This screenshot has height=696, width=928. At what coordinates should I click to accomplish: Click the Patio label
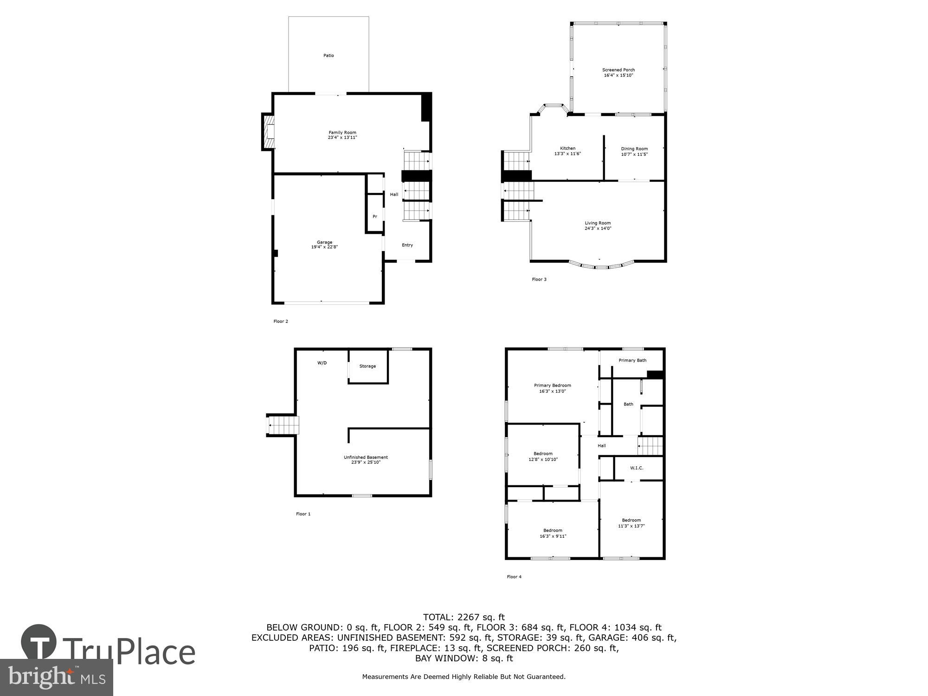point(329,56)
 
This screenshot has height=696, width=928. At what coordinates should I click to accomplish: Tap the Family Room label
point(342,133)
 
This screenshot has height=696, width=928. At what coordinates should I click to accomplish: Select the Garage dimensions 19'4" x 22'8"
point(324,247)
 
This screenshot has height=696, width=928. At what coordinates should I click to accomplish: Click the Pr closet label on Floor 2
point(375,217)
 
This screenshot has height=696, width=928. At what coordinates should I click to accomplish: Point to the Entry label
point(407,245)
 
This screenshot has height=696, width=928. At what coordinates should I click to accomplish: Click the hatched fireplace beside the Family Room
point(268,132)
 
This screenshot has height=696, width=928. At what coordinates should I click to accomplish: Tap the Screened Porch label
point(618,70)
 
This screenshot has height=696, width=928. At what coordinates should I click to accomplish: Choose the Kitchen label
point(567,148)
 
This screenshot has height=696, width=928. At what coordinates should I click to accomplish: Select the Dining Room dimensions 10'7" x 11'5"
point(634,155)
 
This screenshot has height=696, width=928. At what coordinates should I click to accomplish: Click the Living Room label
point(598,223)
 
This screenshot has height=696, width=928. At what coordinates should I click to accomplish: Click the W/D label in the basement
point(322,363)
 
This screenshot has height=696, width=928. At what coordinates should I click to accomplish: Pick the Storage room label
point(367,366)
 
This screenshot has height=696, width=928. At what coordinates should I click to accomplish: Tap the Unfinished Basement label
point(366,458)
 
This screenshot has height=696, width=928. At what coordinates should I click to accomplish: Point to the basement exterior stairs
point(283,425)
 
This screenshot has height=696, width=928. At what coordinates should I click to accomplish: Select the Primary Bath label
point(632,361)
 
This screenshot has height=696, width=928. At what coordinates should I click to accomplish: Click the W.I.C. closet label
point(637,468)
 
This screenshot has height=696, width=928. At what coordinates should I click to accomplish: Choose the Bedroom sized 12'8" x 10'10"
point(543,457)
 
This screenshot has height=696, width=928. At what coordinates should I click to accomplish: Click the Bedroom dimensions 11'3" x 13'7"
point(631,526)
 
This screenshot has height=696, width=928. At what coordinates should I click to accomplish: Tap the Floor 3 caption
point(539,279)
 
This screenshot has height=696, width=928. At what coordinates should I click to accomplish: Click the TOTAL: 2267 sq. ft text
point(464,617)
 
